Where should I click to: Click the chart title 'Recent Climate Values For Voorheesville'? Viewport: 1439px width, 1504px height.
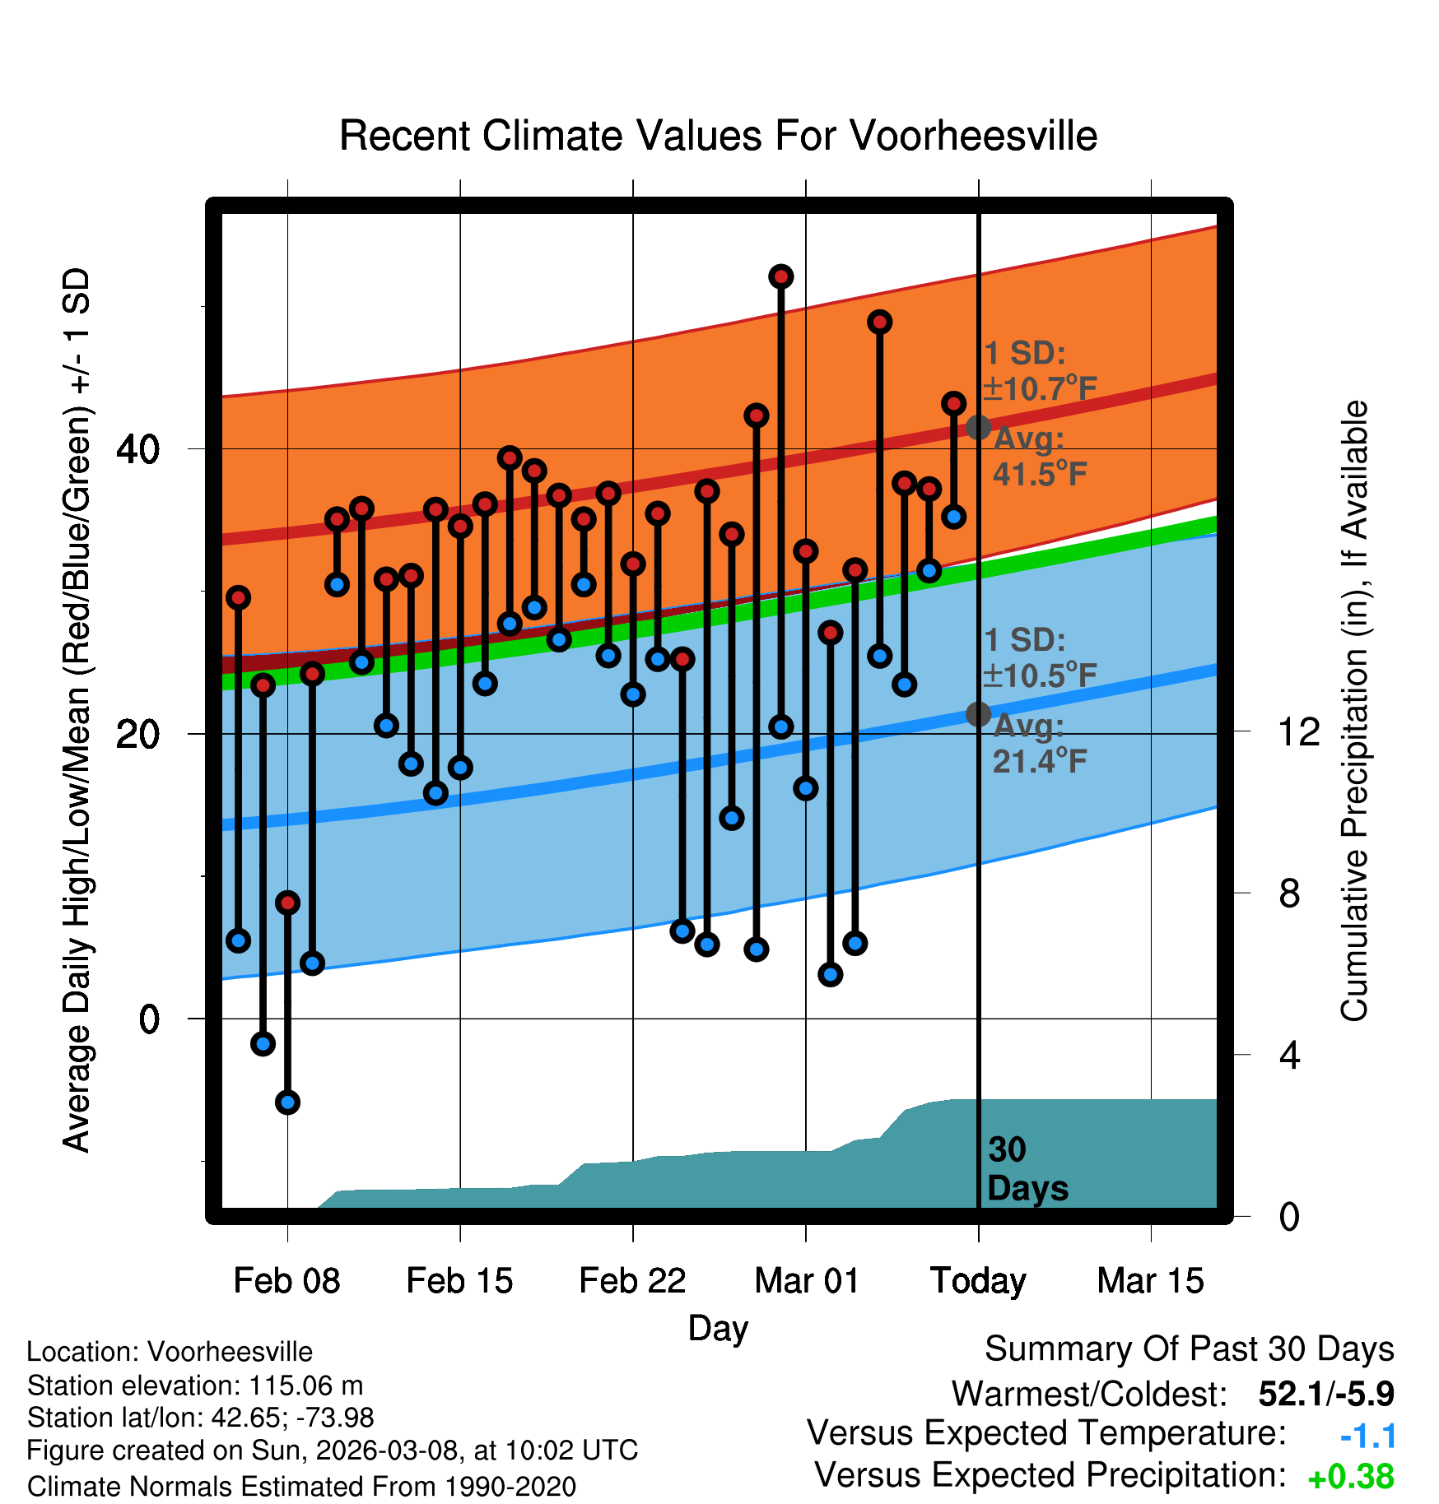[x=718, y=136]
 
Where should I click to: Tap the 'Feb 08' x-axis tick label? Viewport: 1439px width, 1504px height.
[x=286, y=1281]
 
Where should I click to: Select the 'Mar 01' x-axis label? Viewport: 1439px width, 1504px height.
[x=806, y=1281]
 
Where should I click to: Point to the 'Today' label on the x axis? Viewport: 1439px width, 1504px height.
[x=978, y=1281]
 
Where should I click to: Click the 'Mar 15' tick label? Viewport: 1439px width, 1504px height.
[x=1150, y=1281]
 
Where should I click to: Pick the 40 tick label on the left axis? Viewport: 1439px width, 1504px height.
[x=137, y=449]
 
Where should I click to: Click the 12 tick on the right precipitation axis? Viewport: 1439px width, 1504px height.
[x=1299, y=732]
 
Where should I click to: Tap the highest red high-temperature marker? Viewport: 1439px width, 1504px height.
[x=781, y=276]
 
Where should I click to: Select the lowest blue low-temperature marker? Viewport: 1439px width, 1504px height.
[x=287, y=1102]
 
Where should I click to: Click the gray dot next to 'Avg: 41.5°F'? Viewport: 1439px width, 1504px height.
[x=978, y=427]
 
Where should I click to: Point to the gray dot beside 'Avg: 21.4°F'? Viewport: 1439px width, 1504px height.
[x=978, y=714]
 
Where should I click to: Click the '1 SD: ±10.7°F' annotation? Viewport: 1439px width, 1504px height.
[x=1039, y=371]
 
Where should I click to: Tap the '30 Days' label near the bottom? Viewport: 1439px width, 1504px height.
[x=1027, y=1169]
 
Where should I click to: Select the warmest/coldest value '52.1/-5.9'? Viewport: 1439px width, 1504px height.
[x=1325, y=1394]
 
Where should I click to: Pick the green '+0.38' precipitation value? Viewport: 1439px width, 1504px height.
[x=1350, y=1477]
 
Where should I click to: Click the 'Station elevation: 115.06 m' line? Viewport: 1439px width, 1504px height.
[x=195, y=1386]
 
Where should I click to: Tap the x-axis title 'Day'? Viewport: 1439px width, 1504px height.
[x=718, y=1328]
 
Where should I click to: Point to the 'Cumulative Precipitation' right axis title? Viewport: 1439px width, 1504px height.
[x=1354, y=712]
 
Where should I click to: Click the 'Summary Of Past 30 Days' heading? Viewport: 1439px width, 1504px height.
[x=1189, y=1349]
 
